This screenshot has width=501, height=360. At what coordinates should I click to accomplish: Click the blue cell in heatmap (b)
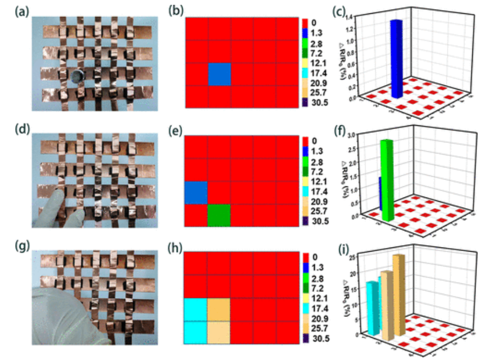click(x=219, y=74)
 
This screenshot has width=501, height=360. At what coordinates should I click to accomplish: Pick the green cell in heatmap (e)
click(x=219, y=216)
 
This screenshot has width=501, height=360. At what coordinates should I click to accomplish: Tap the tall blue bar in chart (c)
click(x=397, y=58)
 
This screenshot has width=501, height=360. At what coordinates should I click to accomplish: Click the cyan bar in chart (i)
click(x=372, y=308)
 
